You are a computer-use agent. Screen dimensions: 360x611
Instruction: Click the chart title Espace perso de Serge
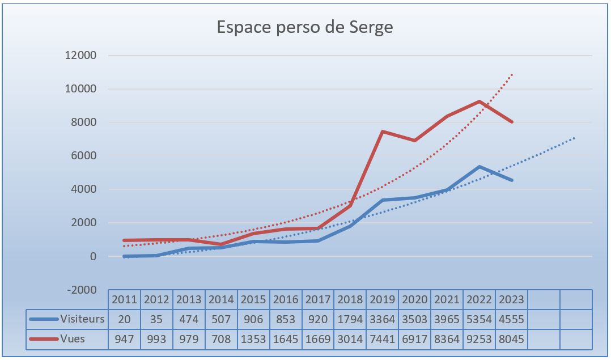coord(305,27)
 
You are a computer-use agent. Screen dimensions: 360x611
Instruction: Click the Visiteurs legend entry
coord(67,319)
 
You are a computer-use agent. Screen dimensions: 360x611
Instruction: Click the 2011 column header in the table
coord(124,299)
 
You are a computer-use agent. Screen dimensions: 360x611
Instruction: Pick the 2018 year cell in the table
coord(350,299)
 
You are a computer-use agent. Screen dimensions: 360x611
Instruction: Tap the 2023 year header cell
coord(511,299)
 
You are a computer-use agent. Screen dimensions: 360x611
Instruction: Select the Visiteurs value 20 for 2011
coord(124,319)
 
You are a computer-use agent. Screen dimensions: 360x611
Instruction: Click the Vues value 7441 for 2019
coord(382,339)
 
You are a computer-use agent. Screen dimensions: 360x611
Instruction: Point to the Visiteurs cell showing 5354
coord(479,319)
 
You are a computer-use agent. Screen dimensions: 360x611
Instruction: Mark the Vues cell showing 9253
coord(479,339)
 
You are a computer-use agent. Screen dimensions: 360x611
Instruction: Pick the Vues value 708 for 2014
coord(221,339)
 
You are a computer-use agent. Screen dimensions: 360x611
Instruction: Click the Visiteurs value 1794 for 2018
coord(350,319)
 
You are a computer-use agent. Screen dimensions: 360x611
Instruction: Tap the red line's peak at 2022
coord(480,101)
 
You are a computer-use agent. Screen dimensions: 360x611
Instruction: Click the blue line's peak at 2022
coord(480,167)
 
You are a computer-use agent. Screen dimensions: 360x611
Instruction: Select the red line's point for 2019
coord(383,132)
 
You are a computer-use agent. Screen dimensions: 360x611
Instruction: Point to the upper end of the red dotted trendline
coord(512,74)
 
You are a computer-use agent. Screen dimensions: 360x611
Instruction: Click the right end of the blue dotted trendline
coord(575,137)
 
